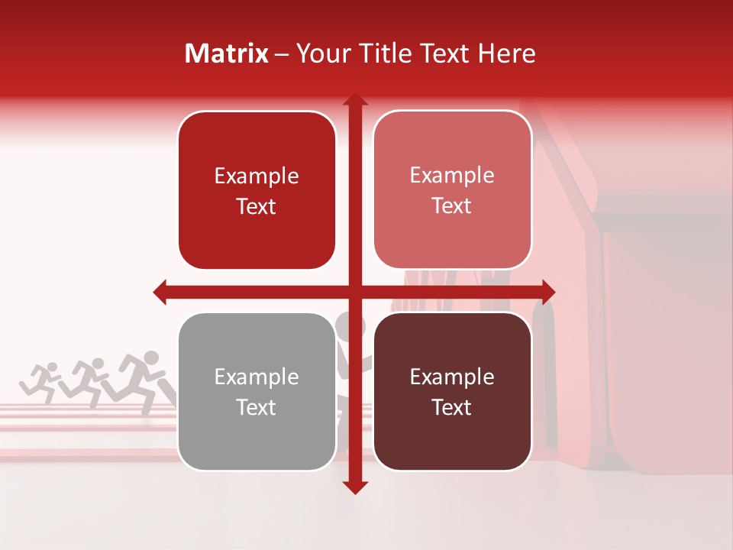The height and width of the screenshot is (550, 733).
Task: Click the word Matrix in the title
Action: click(x=227, y=53)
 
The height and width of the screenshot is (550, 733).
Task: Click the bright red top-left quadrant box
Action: click(x=257, y=190)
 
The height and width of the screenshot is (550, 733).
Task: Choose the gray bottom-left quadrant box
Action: click(x=257, y=391)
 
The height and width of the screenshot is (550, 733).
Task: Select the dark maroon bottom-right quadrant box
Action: click(x=452, y=391)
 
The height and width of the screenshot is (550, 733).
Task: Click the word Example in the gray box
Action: click(x=257, y=377)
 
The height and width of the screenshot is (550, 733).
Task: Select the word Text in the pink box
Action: click(x=452, y=205)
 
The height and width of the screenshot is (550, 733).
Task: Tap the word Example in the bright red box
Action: click(x=257, y=176)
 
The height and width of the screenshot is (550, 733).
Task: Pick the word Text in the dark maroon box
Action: click(x=452, y=407)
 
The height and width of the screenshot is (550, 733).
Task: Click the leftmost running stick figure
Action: click(x=42, y=380)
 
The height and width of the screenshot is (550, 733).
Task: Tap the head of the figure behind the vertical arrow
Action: click(x=347, y=327)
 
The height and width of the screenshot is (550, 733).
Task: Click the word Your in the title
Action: click(x=318, y=53)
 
